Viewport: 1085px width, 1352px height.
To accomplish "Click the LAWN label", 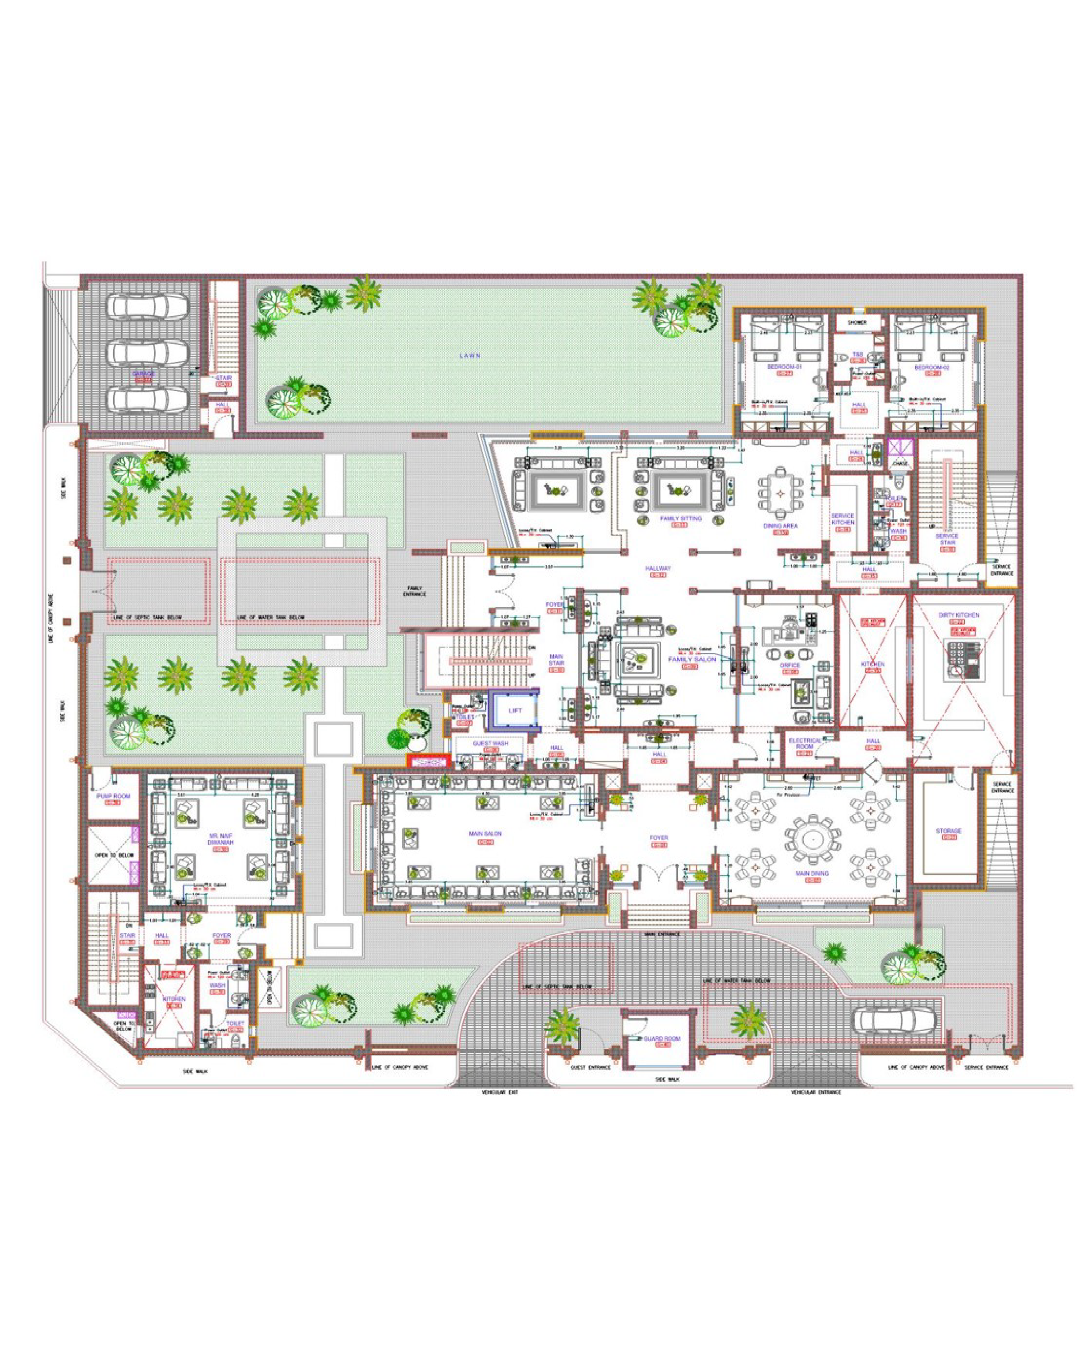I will tap(470, 356).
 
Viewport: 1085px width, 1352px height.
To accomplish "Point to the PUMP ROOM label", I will tap(113, 796).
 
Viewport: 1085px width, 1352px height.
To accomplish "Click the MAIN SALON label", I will tap(485, 834).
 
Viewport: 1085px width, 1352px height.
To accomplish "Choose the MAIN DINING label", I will tap(812, 873).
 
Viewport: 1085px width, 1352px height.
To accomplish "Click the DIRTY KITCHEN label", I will tap(958, 615).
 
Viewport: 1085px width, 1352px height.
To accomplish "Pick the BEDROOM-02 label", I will tap(931, 368).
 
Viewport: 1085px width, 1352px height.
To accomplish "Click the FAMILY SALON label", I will tap(692, 660).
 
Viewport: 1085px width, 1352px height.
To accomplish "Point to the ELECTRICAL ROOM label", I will tap(804, 744).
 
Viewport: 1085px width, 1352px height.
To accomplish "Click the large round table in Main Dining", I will tap(812, 838).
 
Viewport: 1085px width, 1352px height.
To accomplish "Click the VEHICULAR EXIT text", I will tap(499, 1092).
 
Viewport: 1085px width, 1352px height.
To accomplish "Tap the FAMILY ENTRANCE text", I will tap(415, 591).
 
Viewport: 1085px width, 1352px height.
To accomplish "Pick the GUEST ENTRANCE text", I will tap(590, 1067).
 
